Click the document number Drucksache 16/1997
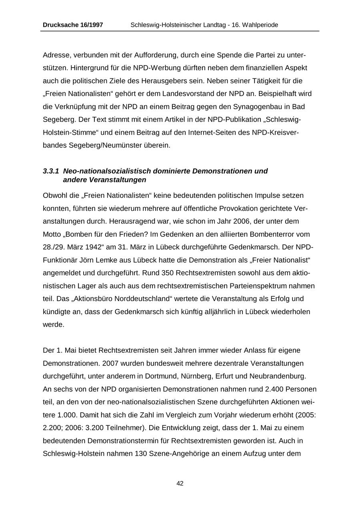pos(73,25)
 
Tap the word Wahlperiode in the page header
pos(259,25)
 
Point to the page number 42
pos(180,483)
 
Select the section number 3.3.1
pos(51,171)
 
